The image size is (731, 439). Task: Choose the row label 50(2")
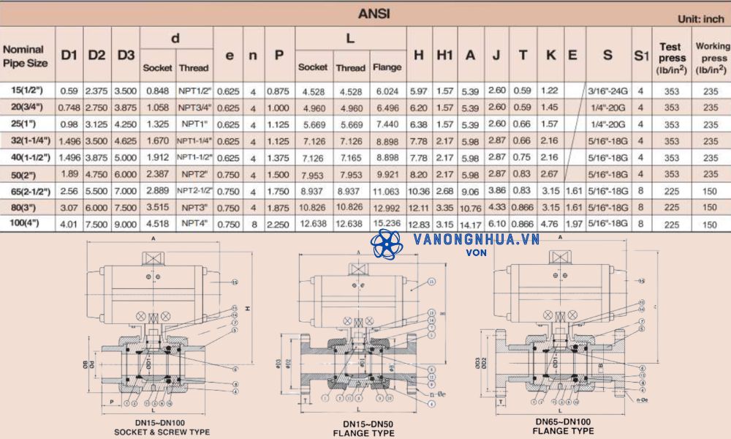click(x=26, y=174)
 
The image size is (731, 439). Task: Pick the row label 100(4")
click(x=26, y=225)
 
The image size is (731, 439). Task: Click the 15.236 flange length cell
click(x=387, y=225)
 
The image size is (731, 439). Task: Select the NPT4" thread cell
click(x=194, y=225)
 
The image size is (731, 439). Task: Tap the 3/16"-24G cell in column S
click(x=608, y=91)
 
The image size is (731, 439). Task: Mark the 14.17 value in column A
click(x=470, y=225)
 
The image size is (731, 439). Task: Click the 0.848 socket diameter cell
click(x=157, y=91)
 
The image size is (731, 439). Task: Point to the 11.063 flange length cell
click(x=387, y=191)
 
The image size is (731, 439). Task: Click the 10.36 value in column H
click(x=419, y=191)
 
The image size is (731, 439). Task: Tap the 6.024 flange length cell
click(x=387, y=91)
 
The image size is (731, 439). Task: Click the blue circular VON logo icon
click(x=386, y=244)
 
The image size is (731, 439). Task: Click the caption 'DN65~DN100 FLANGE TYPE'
click(x=563, y=427)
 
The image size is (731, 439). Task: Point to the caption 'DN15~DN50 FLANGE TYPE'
click(x=368, y=429)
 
